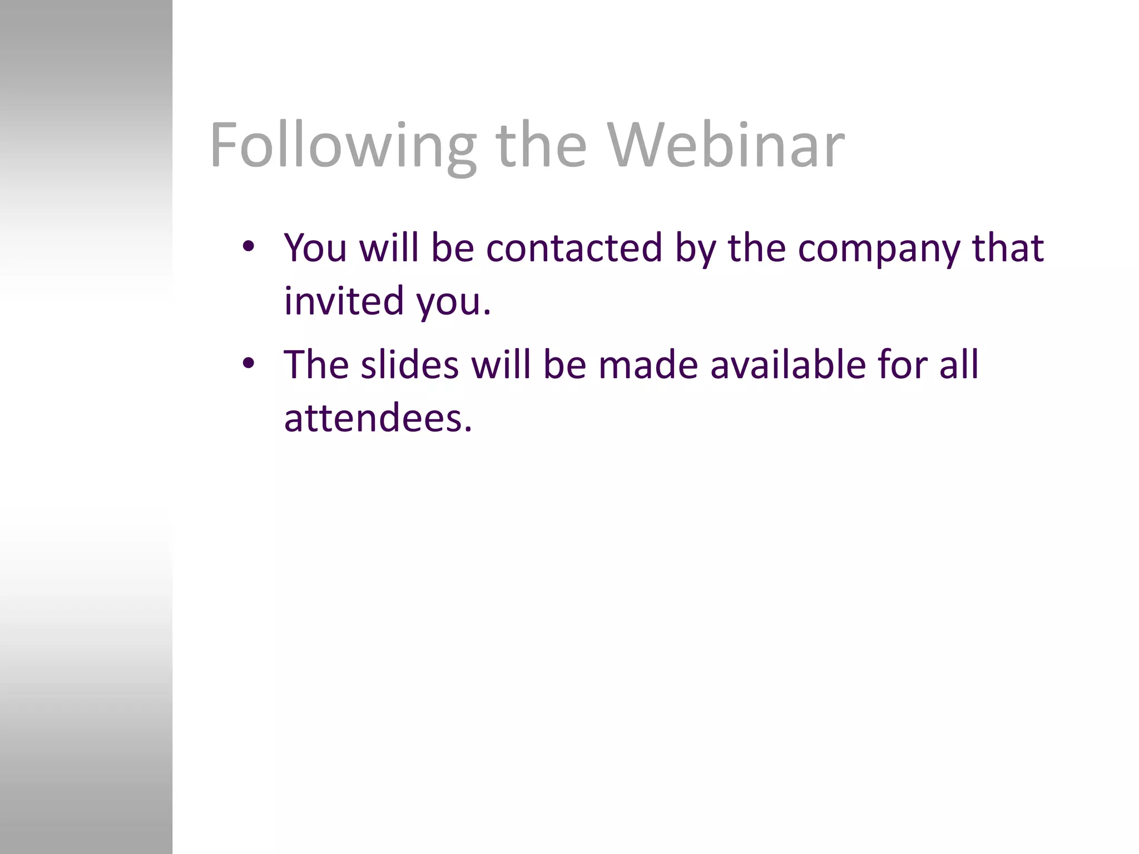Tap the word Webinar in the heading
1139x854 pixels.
[725, 146]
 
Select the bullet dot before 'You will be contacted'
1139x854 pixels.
[248, 246]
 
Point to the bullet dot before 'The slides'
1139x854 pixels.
[248, 364]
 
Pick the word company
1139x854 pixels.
[878, 249]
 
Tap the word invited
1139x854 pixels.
[344, 300]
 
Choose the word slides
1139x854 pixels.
[409, 365]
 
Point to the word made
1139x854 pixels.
[648, 365]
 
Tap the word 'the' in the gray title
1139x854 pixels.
[541, 146]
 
